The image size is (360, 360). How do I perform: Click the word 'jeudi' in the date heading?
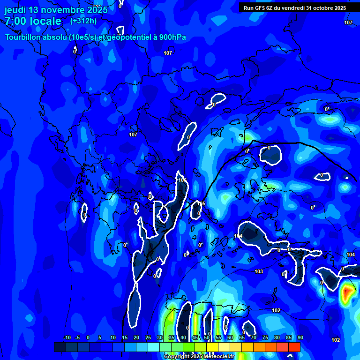click(15, 9)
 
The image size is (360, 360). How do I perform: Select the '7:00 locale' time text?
click(33, 21)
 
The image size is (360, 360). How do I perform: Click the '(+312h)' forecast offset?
click(83, 21)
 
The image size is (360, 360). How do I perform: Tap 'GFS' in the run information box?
click(261, 8)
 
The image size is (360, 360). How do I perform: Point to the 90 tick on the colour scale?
click(300, 338)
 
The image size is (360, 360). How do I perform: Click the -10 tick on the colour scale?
click(67, 338)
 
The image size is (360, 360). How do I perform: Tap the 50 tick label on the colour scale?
click(207, 338)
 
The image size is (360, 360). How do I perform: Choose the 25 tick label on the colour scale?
click(148, 338)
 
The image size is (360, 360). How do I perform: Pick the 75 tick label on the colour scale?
click(265, 338)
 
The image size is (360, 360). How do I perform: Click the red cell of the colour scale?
click(294, 347)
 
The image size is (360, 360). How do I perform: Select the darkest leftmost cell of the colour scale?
click(60, 347)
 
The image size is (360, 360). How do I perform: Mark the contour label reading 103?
click(259, 272)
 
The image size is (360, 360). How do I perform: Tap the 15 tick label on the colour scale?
click(125, 338)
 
